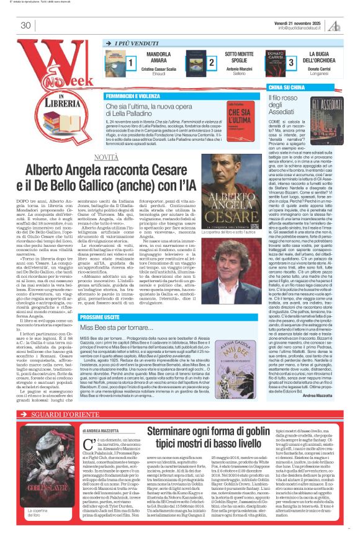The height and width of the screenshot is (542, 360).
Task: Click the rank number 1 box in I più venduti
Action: point(131,63)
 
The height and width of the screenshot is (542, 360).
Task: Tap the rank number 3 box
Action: point(290,63)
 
